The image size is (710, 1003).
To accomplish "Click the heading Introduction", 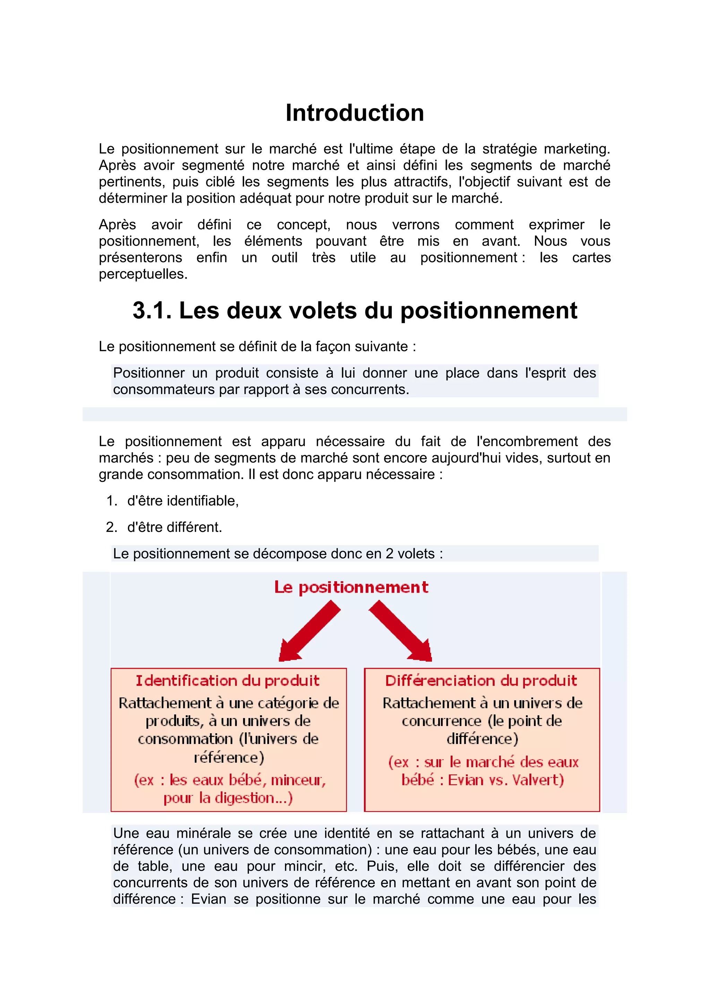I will pos(355,113).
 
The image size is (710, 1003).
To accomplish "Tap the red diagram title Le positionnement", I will pos(351,587).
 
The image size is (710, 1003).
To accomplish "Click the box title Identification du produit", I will pos(227,681).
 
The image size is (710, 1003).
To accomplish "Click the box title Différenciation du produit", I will pos(481,681).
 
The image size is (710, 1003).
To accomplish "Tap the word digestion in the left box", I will pos(238,798).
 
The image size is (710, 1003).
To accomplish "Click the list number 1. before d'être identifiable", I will pos(112,500).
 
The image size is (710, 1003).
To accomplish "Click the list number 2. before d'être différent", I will pos(112,527).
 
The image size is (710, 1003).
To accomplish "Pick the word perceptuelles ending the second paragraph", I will pos(142,274).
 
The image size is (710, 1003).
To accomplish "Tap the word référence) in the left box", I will pos(229,757).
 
